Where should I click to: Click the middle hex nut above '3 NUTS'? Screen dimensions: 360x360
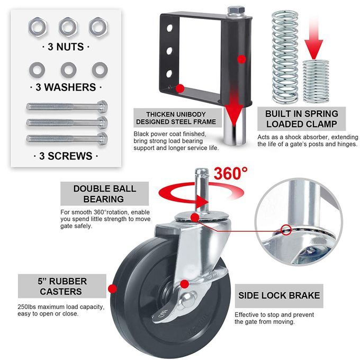pos(68,27)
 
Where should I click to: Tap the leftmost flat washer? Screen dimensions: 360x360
pos(37,69)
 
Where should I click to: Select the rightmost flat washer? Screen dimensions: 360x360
pos(100,69)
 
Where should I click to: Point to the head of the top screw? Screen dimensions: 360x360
pos(102,106)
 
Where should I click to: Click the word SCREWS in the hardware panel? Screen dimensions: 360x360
pos(70,156)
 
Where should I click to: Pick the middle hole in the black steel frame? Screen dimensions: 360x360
pos(169,51)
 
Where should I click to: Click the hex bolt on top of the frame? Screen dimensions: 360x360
pos(236,11)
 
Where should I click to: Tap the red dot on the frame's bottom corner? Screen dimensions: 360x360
pos(180,88)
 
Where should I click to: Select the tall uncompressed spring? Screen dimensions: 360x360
pos(285,57)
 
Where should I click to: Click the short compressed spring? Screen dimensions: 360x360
pos(316,82)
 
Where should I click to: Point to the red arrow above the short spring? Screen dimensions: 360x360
pos(314,39)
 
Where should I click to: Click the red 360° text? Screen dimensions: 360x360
pos(231,173)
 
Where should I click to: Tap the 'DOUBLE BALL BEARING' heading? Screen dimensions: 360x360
pos(104,194)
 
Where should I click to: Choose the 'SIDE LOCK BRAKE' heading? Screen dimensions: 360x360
pos(279,295)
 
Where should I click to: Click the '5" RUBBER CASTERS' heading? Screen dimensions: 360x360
pos(62,286)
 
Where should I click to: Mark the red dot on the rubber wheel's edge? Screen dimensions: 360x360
pos(112,289)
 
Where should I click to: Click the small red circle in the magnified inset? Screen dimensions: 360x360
pos(286,230)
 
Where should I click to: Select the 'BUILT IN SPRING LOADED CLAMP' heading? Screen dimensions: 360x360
pos(301,119)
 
